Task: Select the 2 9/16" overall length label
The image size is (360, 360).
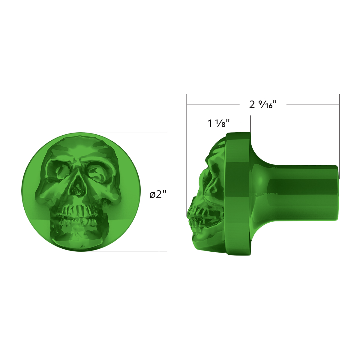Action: click(262, 105)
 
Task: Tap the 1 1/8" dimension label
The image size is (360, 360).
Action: click(219, 123)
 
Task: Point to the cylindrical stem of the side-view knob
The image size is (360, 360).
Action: click(300, 192)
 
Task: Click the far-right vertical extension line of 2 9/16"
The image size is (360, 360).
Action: click(339, 135)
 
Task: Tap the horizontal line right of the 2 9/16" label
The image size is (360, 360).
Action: click(312, 105)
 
